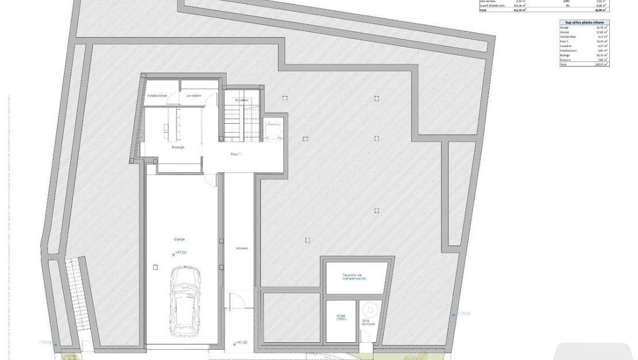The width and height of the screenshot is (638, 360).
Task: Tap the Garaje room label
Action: pyautogui.click(x=179, y=239)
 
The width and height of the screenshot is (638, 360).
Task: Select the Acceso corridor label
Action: pyautogui.click(x=241, y=248)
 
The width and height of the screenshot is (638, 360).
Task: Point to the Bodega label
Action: pyautogui.click(x=178, y=148)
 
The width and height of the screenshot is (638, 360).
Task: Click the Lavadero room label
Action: pyautogui.click(x=194, y=95)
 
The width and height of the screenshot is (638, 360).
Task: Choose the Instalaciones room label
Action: pyautogui.click(x=157, y=95)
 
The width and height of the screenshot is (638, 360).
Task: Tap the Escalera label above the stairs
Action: pyautogui.click(x=242, y=100)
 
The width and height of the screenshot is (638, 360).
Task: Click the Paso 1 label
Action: pyautogui.click(x=236, y=154)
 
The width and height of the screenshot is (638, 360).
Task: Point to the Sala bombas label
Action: pyautogui.click(x=368, y=323)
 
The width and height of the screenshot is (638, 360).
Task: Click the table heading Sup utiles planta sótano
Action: pyautogui.click(x=584, y=22)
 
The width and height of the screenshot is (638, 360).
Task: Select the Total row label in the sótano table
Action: pyautogui.click(x=564, y=64)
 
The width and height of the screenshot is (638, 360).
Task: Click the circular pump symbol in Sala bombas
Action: pyautogui.click(x=371, y=311)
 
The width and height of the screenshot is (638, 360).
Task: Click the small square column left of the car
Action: pyautogui.click(x=156, y=266)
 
